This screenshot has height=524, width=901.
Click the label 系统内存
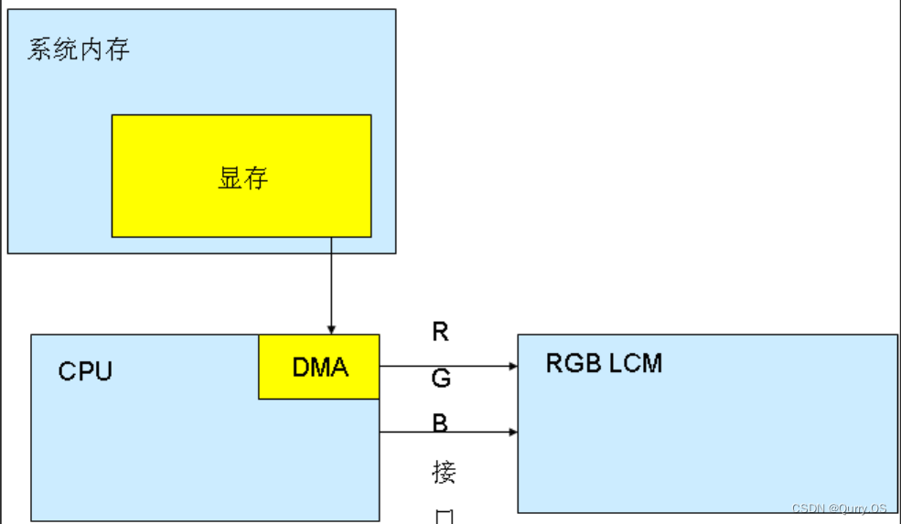coord(79,49)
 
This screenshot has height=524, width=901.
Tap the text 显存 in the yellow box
coord(242,177)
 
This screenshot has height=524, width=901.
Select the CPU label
coord(85,371)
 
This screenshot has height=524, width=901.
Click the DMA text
coord(320,368)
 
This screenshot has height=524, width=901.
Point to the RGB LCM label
coord(604,363)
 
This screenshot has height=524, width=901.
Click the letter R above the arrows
coord(441,332)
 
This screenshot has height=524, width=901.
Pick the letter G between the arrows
coord(441,378)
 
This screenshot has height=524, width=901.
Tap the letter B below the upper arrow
coord(441,423)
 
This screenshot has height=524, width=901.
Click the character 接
coord(444,473)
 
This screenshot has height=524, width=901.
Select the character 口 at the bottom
coord(444,517)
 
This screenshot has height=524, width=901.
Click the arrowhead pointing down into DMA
coord(331,329)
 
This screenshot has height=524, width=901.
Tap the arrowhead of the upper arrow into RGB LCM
coord(512,366)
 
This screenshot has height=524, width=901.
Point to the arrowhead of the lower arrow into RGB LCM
coord(512,431)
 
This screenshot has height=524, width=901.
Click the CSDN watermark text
coord(839,508)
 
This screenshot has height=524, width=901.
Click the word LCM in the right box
coord(637,363)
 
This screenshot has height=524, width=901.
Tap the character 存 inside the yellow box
coord(256,177)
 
